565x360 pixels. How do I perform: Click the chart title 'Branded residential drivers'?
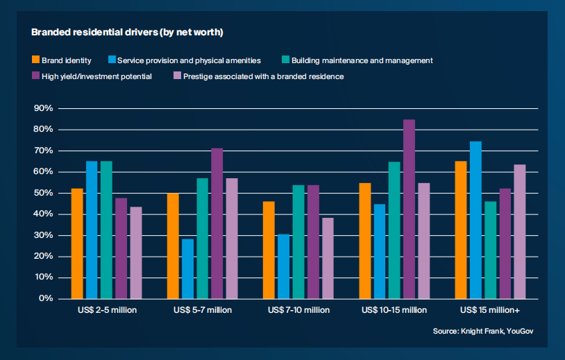point(126,32)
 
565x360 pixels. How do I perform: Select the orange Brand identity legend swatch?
point(36,60)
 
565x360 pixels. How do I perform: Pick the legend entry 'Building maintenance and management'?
point(362,60)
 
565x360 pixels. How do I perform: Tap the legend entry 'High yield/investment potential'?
point(96,76)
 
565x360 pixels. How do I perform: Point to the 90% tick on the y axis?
point(44,109)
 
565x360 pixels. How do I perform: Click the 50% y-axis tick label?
point(44,194)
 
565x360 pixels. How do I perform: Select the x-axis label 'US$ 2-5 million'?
point(107,310)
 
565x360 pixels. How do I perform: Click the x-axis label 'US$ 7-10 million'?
point(298,310)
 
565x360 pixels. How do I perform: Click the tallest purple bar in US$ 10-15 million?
point(410,209)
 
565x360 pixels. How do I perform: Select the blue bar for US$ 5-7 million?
point(187,268)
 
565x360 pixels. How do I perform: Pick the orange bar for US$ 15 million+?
point(461,230)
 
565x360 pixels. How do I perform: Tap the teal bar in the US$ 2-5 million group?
point(106,230)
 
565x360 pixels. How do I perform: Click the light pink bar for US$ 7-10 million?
point(328,258)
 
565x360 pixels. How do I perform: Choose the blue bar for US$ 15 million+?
point(475,220)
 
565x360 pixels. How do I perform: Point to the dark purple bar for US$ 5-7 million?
point(217,223)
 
